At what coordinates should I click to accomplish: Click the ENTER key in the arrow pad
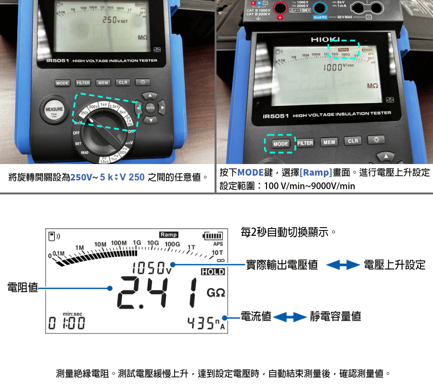point(150,108)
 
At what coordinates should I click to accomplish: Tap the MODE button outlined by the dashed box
point(280,144)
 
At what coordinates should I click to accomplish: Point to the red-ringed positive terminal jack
point(280,8)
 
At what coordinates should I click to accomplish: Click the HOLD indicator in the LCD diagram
point(213,272)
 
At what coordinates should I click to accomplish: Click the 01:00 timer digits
point(67,324)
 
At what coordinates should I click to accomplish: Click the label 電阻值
point(23,288)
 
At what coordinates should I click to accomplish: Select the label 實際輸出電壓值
point(281,265)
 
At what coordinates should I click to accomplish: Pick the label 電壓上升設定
point(395,265)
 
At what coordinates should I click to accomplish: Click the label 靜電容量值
point(335,316)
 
